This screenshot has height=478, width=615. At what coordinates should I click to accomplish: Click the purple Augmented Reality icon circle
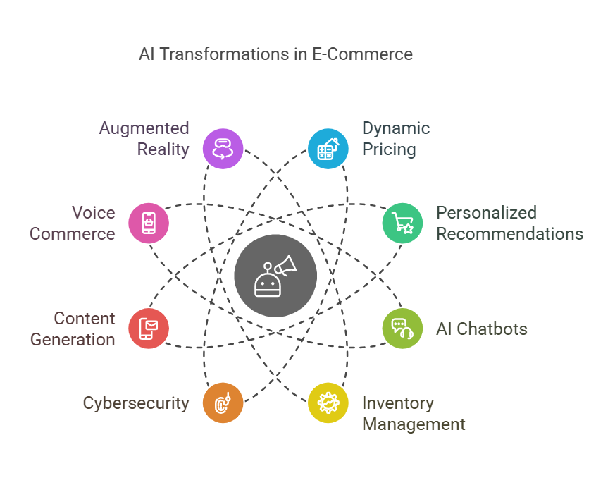tap(223, 149)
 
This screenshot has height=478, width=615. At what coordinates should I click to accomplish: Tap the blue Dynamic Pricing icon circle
tap(328, 149)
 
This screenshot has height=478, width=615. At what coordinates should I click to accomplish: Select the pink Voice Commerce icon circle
tap(149, 223)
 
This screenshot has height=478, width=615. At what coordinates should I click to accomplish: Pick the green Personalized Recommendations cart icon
tap(402, 223)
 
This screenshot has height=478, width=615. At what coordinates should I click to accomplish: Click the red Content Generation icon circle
tap(149, 329)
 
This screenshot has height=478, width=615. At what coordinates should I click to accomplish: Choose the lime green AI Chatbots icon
tap(402, 329)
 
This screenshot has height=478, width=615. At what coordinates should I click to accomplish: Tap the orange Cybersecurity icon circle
tap(223, 403)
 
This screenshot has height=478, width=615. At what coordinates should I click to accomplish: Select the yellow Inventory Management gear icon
tap(328, 403)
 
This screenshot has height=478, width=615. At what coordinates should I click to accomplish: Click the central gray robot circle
tap(275, 276)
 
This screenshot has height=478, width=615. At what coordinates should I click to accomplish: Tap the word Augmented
tap(144, 128)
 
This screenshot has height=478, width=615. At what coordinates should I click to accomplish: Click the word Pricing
tap(389, 149)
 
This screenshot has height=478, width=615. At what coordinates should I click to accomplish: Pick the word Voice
tap(93, 213)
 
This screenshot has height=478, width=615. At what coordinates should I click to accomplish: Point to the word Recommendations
tap(509, 234)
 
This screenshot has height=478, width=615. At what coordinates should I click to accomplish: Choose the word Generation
tap(73, 340)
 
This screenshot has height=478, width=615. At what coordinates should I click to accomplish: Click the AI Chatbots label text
tap(481, 329)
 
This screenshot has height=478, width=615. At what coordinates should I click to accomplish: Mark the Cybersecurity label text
tap(136, 403)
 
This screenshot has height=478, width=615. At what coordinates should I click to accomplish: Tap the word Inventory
tap(397, 403)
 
